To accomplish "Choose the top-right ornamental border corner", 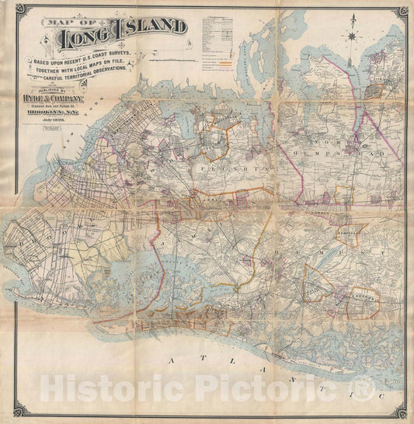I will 401,12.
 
